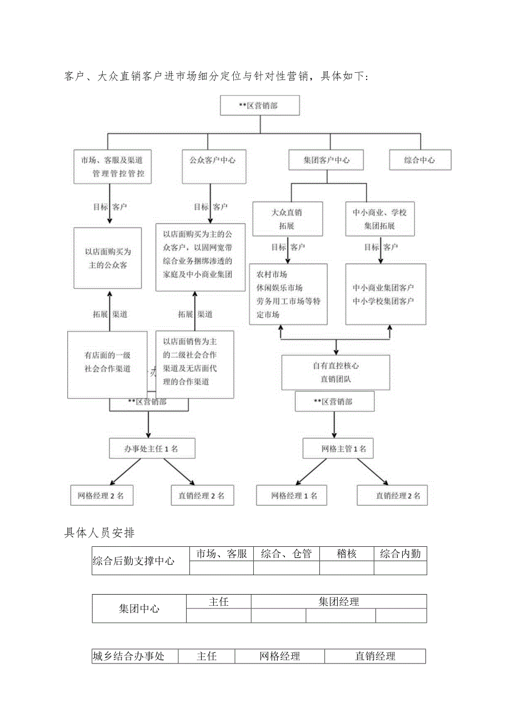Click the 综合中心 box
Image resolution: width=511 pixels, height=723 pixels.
point(420,160)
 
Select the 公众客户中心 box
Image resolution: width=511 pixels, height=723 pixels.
point(209,160)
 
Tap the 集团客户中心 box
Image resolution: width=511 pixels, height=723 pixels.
point(327,160)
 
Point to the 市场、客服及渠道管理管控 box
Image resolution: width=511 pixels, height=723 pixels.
point(112,167)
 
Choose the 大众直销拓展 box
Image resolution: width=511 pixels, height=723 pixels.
point(287,219)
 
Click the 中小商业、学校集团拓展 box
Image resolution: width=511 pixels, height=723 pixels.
point(380,219)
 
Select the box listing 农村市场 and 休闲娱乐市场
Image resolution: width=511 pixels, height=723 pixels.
point(288,295)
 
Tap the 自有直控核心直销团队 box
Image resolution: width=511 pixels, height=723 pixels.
point(336,372)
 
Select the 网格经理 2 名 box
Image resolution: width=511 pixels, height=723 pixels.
point(102,496)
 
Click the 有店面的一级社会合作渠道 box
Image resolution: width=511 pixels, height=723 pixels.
point(107,364)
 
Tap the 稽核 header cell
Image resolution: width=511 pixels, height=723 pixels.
point(347,554)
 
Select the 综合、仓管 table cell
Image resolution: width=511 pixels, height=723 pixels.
point(287,554)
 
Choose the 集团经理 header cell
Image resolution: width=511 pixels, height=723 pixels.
point(339,602)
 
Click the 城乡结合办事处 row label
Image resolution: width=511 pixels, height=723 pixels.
point(129,656)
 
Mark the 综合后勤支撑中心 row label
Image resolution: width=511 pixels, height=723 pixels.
point(134,561)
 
